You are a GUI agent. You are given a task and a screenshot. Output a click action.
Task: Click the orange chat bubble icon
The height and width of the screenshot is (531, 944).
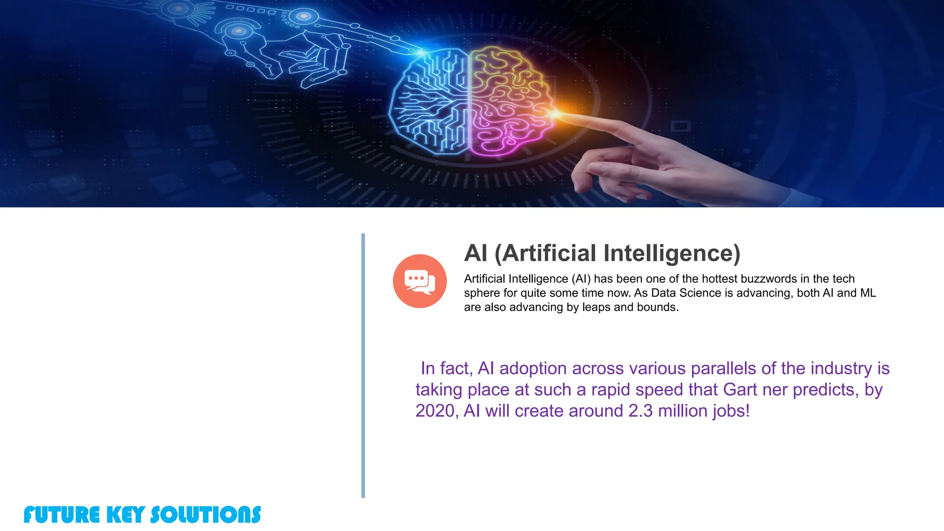[419, 281]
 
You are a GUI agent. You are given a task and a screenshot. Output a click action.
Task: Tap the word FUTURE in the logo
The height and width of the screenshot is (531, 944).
[61, 515]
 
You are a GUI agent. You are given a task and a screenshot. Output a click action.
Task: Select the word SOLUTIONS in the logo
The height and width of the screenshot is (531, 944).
[206, 515]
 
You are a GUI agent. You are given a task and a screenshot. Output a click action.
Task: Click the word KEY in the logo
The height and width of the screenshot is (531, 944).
[125, 515]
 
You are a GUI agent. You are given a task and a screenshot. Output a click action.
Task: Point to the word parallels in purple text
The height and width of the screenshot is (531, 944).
[724, 368]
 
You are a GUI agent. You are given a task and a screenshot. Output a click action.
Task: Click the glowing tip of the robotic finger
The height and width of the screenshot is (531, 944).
[420, 52]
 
